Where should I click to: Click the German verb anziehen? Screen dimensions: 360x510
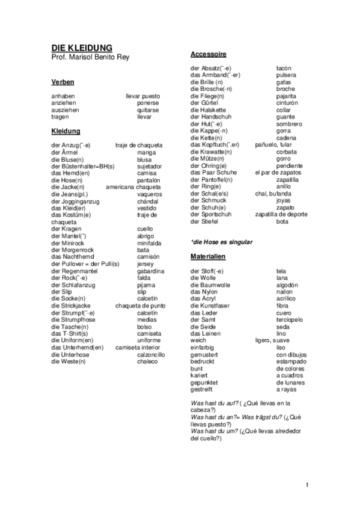(64, 103)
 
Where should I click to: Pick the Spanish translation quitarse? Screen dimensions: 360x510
(148, 110)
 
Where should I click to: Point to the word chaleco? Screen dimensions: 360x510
(147, 361)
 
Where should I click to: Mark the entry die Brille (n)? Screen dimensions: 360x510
(207, 82)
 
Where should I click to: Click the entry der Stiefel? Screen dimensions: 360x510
(204, 221)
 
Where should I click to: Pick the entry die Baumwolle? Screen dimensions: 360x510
(210, 284)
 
